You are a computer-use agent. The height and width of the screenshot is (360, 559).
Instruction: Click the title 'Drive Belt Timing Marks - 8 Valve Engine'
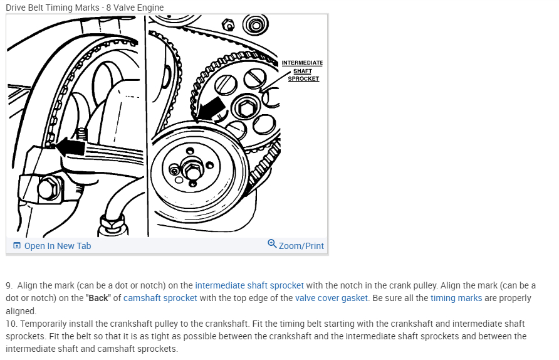coord(85,8)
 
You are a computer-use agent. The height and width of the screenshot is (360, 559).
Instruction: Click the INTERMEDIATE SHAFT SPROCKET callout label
coord(302,71)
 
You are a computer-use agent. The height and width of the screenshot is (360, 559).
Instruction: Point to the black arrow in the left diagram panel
coord(70,147)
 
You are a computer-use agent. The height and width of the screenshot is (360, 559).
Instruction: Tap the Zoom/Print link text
coord(301,246)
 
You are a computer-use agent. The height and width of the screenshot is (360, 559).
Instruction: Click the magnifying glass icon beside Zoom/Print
coord(271,244)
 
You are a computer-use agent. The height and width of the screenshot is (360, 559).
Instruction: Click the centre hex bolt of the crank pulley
coord(192,169)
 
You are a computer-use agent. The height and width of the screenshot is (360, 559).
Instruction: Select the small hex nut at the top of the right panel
coord(228,25)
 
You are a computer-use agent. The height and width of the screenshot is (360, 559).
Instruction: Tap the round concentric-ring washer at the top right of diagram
coord(254,26)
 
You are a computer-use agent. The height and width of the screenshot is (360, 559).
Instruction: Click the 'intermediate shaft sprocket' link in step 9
coord(249,285)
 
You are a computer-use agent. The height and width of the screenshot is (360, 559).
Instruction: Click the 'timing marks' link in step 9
coord(456,298)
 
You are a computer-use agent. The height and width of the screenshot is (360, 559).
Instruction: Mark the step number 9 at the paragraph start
coord(9,285)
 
